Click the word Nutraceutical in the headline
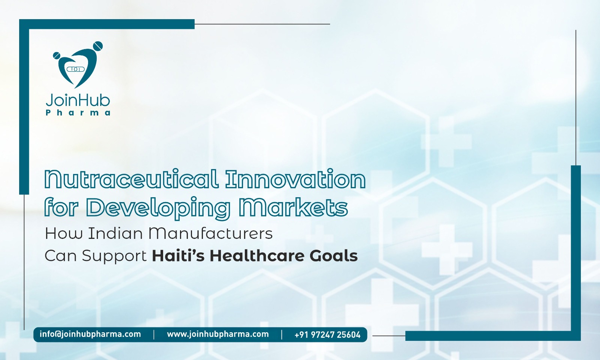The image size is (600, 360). (x=131, y=179)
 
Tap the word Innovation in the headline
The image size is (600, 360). (x=295, y=179)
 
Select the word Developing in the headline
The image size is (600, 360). (x=157, y=207)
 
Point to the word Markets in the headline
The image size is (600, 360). (x=293, y=207)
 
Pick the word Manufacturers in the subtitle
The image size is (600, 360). (x=210, y=233)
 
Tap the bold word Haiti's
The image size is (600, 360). (x=178, y=256)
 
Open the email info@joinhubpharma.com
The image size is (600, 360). (x=90, y=334)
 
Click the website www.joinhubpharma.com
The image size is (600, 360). (x=218, y=334)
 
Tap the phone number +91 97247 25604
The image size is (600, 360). (x=327, y=334)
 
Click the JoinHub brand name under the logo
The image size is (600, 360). (x=78, y=100)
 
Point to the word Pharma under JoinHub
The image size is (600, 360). (x=78, y=112)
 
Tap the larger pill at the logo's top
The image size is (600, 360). (x=98, y=46)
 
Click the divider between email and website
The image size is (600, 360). (x=154, y=334)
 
